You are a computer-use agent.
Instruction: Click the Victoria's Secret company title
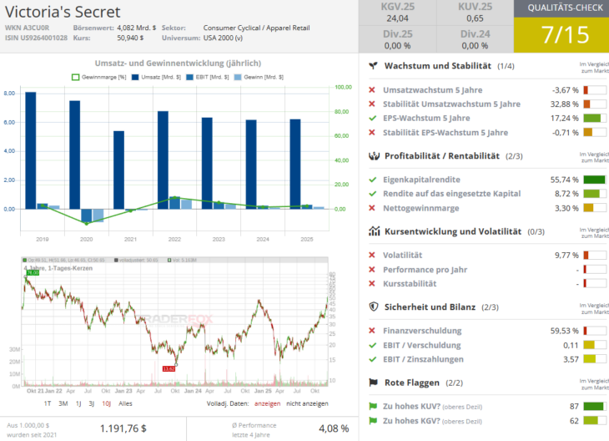(x=63, y=12)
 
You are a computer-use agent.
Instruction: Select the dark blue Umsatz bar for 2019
(x=31, y=150)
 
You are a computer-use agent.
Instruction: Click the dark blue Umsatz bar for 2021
(x=118, y=170)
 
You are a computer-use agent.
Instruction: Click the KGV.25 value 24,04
(x=398, y=18)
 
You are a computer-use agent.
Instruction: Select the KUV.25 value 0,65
(x=475, y=18)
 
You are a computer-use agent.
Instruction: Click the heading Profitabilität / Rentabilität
(x=441, y=156)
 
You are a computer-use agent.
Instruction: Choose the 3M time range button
(x=63, y=403)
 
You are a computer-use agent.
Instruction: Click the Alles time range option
(x=125, y=403)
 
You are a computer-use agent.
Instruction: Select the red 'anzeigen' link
(x=267, y=403)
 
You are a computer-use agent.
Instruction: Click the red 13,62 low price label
(x=169, y=367)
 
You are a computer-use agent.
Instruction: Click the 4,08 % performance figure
(x=334, y=428)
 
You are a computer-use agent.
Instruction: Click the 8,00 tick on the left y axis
(x=9, y=94)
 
